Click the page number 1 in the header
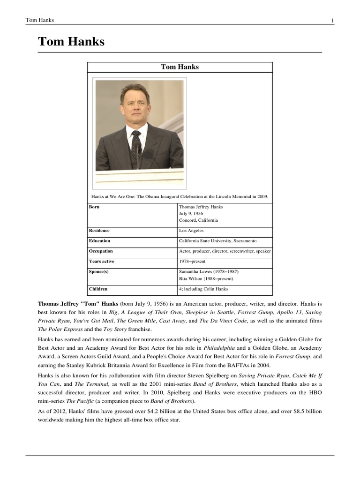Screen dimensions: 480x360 point(332,20)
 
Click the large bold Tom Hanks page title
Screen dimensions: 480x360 point(71,42)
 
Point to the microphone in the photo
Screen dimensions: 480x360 point(139,151)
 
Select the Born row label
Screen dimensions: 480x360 point(94,207)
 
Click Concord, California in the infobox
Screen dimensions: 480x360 point(198,220)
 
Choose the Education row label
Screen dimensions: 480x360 point(99,241)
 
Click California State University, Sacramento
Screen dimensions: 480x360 point(218,241)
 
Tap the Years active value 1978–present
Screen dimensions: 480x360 point(192,262)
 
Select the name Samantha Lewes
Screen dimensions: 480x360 point(195,272)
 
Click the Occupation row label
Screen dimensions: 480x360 point(101,251)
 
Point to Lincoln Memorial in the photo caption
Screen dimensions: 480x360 point(234,196)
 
